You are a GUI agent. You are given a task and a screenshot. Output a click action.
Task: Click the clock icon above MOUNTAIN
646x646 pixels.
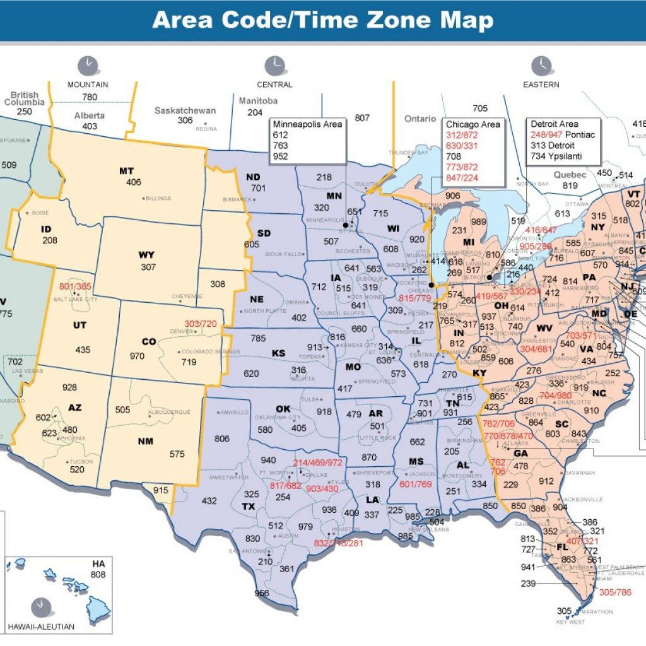(x=88, y=66)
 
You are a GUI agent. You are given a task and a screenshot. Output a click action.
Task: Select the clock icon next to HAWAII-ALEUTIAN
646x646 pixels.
(x=40, y=606)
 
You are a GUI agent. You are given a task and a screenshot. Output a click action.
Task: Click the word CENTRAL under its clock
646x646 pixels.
(x=274, y=85)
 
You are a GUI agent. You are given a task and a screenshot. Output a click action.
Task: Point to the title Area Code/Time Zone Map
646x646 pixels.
(x=322, y=20)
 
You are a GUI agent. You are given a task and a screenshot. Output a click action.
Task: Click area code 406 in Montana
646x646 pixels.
(x=133, y=182)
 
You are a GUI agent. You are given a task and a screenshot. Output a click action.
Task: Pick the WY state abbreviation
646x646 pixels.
(x=146, y=255)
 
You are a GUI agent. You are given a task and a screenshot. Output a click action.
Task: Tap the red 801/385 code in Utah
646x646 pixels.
(x=75, y=286)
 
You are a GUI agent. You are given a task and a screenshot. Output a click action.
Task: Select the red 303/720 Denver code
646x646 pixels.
(x=201, y=324)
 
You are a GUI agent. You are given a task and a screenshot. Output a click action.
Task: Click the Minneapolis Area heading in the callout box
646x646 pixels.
(x=307, y=124)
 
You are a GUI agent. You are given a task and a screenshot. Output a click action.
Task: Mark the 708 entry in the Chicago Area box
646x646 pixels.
(x=454, y=156)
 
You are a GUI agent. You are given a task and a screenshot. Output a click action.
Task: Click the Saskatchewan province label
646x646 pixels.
(x=185, y=110)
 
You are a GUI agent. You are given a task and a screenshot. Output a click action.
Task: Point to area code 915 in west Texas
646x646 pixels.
(x=161, y=490)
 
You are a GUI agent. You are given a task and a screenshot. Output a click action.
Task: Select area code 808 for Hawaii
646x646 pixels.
(x=98, y=575)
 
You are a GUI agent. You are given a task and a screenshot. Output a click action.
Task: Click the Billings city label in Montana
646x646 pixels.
(x=158, y=198)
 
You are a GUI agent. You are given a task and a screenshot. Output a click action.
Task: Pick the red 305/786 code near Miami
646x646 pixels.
(x=615, y=592)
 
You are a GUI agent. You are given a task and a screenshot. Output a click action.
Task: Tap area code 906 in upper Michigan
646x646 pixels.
(x=453, y=196)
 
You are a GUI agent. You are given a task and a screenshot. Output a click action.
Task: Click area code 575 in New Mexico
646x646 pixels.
(x=177, y=454)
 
